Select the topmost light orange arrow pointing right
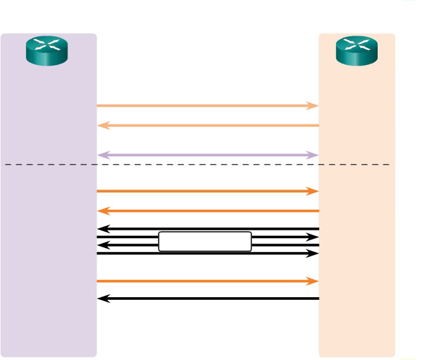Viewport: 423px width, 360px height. (207, 105)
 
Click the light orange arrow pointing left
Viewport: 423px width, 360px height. (207, 126)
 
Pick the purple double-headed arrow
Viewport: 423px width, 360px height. (207, 155)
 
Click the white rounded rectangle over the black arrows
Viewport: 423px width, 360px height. (205, 242)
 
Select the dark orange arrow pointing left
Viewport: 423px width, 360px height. (207, 211)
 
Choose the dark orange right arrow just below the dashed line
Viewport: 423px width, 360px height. (207, 191)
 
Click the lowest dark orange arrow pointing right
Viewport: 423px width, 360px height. (207, 281)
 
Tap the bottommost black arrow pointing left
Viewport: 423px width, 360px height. (207, 298)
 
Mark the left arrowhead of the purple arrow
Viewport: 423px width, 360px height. (101, 155)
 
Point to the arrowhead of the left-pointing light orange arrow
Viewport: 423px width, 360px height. (101, 126)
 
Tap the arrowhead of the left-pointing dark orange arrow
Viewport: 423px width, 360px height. (101, 211)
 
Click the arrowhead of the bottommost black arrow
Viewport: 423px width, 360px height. (101, 298)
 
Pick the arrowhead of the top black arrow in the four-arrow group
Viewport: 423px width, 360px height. (101, 229)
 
